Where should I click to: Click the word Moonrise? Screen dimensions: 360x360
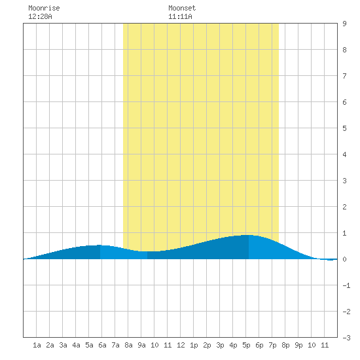coord(44,8)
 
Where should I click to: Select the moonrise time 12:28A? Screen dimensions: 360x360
coord(40,16)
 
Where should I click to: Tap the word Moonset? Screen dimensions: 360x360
coord(182,8)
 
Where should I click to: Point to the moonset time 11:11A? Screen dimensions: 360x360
coord(180,16)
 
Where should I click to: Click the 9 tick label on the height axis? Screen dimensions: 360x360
coord(344,24)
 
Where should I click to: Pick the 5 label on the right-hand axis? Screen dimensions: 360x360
coord(344,128)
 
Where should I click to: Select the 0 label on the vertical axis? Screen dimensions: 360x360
coord(344,259)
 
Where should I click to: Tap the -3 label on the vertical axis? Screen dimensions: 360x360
coord(346,338)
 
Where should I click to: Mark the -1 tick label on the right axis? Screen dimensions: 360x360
coord(346,285)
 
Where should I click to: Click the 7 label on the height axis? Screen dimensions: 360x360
coord(344,76)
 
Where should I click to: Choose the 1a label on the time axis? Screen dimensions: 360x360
coord(37,345)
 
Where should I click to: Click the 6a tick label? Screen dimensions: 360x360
coord(102,345)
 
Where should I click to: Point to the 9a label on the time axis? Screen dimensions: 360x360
coord(141,345)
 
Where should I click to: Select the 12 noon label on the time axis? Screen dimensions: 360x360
coord(181,345)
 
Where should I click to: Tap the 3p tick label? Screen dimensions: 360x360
coord(220,345)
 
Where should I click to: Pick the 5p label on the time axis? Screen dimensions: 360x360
coord(246,345)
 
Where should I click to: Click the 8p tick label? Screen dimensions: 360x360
coord(285,345)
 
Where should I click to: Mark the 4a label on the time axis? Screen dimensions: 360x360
coord(76,345)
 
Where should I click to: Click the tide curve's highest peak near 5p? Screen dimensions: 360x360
coord(249,235)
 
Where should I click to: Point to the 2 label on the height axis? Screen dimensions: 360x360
coord(344,207)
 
